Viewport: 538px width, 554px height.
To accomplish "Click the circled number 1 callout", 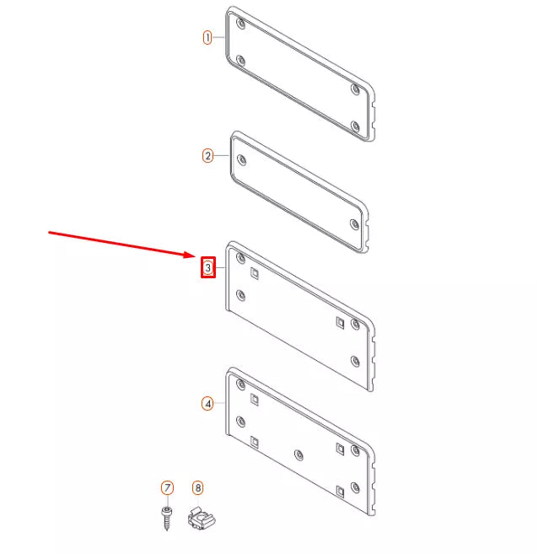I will pos(207,38).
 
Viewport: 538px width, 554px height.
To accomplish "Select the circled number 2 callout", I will pos(207,155).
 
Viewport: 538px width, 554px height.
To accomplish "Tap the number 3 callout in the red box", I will pos(207,268).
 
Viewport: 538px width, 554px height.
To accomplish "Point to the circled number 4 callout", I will pos(207,404).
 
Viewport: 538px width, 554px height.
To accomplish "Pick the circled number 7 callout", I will pos(167,488).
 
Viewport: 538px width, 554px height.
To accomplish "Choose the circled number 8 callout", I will pos(197,487).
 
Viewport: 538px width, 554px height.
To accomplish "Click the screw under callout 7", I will pos(167,516).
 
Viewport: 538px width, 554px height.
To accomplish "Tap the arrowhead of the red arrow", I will pos(192,255).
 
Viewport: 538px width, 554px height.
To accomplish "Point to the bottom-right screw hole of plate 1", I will pos(355,126).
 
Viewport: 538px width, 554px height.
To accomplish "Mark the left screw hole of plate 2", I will pos(242,158).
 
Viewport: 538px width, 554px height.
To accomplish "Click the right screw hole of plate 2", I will pos(354,223).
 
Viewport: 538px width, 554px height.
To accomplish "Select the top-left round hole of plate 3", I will pos(241,258).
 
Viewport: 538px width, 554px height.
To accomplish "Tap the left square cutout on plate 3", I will pos(254,272).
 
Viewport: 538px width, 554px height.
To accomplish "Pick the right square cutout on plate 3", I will pos(340,322).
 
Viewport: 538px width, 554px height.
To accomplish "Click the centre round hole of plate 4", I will pos(299,454).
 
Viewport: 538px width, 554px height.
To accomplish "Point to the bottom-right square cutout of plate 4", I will pos(340,490).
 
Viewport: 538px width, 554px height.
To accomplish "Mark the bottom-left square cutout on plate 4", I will pos(254,440).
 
